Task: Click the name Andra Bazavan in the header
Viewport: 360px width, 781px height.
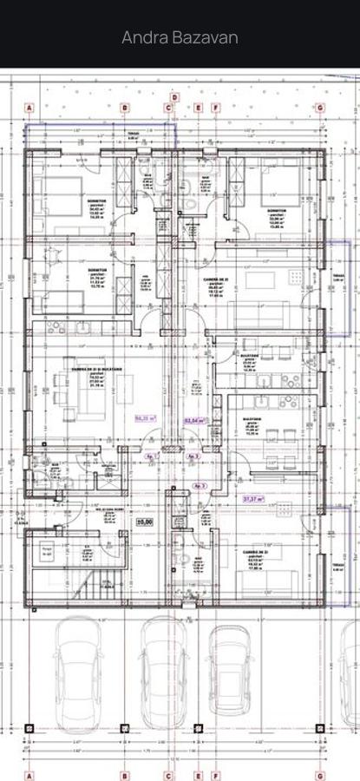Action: click(x=180, y=37)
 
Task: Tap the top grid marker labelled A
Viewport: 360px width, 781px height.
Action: click(x=29, y=108)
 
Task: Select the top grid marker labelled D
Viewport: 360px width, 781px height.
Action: click(x=174, y=98)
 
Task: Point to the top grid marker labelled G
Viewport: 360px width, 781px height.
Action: click(x=320, y=108)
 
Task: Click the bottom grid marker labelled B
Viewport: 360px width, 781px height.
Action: click(x=124, y=776)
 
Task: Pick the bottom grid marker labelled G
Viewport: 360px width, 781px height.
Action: click(x=320, y=776)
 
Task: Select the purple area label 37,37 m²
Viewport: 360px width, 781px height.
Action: click(x=253, y=499)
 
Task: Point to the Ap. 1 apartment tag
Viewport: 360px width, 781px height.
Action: click(x=152, y=456)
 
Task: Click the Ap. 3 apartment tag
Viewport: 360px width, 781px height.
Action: click(x=200, y=486)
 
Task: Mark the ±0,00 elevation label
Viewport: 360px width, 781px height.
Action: click(x=145, y=522)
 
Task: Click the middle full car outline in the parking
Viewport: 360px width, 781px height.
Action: click(x=165, y=673)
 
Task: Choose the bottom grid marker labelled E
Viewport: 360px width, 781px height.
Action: click(x=198, y=776)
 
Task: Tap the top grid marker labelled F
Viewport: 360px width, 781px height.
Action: click(x=216, y=108)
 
